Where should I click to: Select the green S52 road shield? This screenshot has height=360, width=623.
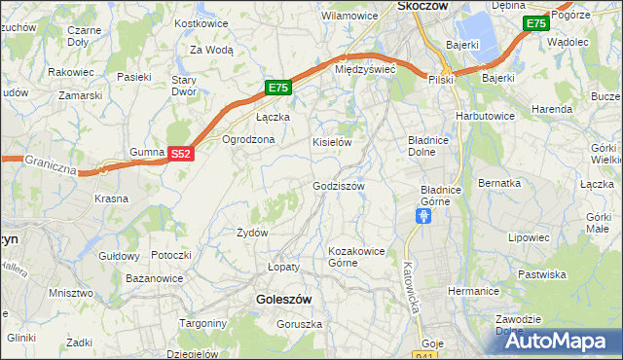point(181,154)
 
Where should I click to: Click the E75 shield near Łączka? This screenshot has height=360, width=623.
point(278,88)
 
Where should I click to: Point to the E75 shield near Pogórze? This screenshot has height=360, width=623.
point(534,23)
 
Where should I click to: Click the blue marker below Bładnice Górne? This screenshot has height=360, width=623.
point(422,216)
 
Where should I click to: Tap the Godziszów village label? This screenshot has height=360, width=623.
point(339,186)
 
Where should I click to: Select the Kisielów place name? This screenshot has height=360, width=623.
point(331,142)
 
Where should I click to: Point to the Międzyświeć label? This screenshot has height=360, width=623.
point(364,70)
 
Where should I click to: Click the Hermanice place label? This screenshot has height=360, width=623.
point(473,291)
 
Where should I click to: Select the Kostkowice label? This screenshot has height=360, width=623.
point(201,22)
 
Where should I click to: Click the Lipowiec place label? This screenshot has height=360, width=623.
point(530,236)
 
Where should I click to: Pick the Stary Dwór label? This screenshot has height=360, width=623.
point(185,87)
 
